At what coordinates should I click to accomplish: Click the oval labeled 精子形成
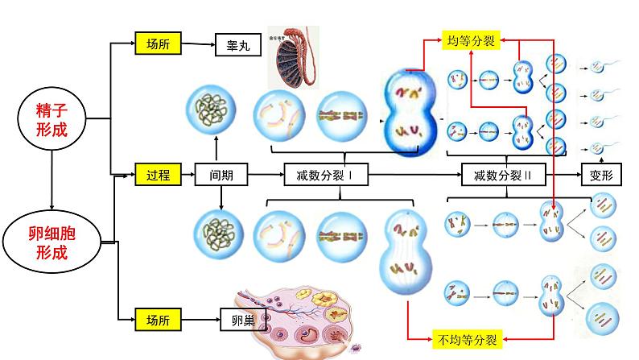pos(52,118)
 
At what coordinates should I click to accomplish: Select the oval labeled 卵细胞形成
pos(52,240)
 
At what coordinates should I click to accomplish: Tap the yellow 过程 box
pos(158,173)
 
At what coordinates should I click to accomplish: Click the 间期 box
pos(221,173)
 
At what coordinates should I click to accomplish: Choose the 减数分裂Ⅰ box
pos(319,173)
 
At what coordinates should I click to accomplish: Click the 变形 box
pos(601,173)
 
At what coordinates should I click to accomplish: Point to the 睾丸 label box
pos(238,45)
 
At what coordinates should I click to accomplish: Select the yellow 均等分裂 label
pos(470,39)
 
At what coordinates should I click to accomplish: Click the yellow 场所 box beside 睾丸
pos(158,44)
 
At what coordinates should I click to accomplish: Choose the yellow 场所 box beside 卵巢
pos(158,319)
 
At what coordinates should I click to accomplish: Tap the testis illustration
pos(293,59)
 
